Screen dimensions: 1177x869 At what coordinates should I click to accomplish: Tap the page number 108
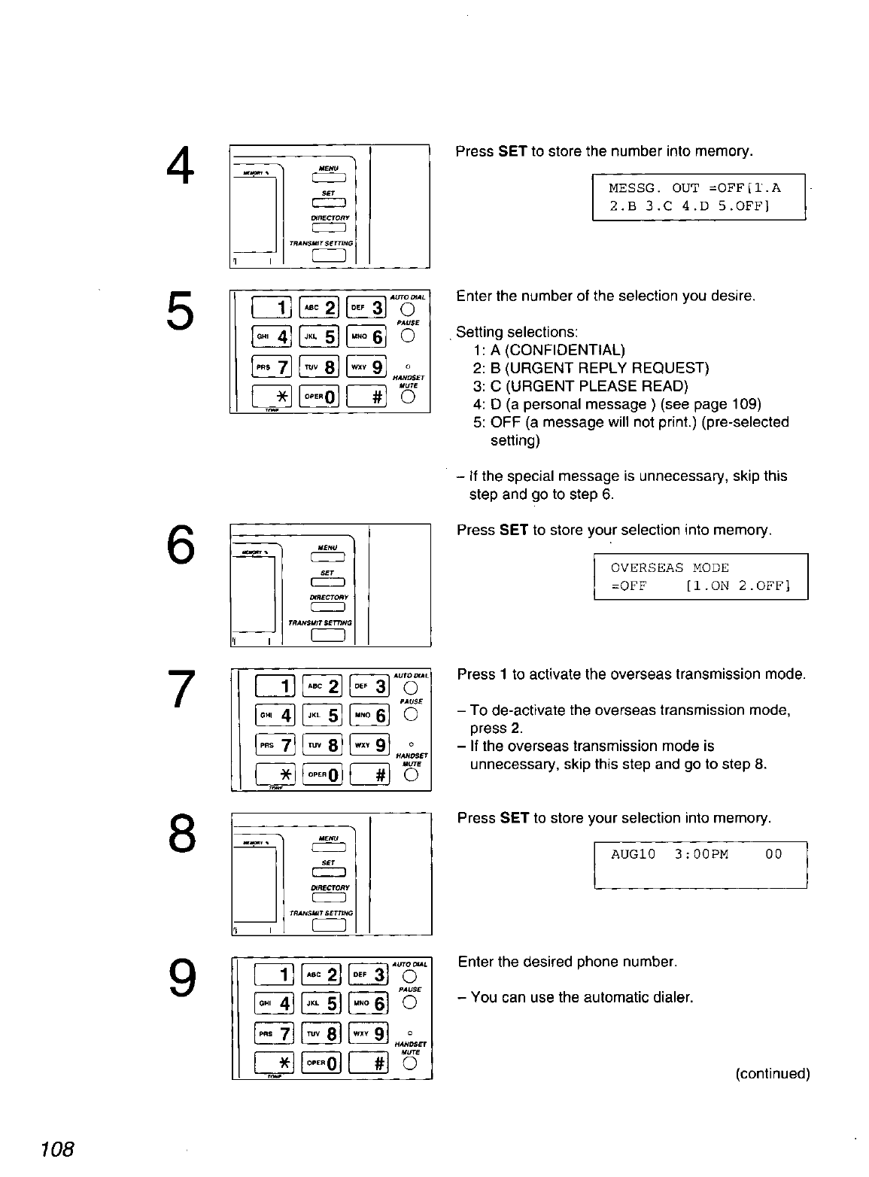tap(58, 1149)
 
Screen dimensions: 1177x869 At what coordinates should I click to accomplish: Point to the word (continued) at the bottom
tap(772, 1074)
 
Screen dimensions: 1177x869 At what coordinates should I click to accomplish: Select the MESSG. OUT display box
tap(699, 196)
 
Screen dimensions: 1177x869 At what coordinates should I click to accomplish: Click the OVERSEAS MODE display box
tap(700, 576)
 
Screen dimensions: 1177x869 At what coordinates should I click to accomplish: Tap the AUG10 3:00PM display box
tap(700, 865)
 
